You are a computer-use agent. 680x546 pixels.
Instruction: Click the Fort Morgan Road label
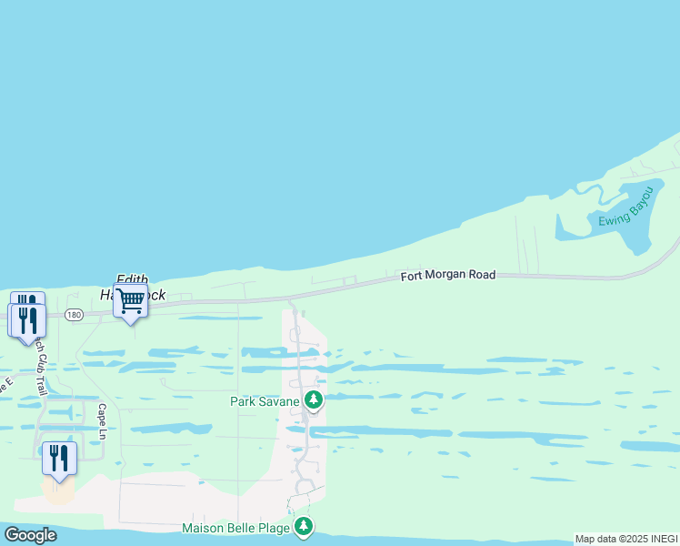click(x=448, y=274)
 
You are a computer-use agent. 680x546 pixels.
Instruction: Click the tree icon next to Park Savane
click(x=314, y=399)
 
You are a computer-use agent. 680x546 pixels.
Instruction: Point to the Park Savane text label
click(x=265, y=400)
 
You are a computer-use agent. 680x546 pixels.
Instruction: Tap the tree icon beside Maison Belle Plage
click(x=304, y=527)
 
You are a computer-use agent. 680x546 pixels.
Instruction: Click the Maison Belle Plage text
click(x=235, y=528)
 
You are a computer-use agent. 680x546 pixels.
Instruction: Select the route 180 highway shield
click(x=74, y=314)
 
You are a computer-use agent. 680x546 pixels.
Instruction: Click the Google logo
click(x=30, y=535)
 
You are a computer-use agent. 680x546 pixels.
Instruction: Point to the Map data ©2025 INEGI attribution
click(x=626, y=539)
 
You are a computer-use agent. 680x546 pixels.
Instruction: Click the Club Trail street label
click(x=39, y=363)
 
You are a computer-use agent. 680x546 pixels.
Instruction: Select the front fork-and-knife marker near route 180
click(x=27, y=319)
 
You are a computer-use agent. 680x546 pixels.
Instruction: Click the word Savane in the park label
click(x=281, y=400)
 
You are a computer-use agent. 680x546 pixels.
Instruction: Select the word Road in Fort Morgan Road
click(x=482, y=274)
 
